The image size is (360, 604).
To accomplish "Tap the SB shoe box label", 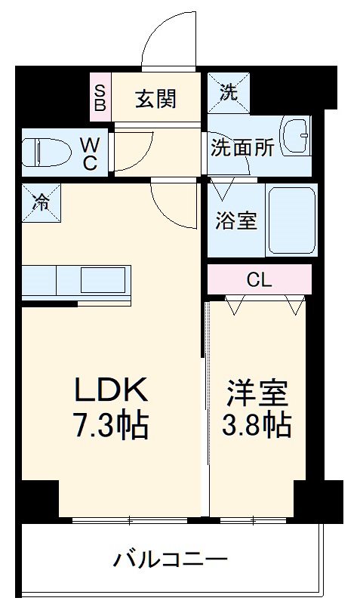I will click(100, 97).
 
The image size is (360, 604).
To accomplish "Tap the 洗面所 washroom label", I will click(242, 147).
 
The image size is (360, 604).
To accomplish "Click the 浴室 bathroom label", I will click(236, 222).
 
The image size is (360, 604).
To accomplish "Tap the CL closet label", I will click(259, 279).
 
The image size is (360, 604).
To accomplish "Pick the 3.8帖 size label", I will click(257, 426).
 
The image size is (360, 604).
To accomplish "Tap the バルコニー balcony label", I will click(171, 559).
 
